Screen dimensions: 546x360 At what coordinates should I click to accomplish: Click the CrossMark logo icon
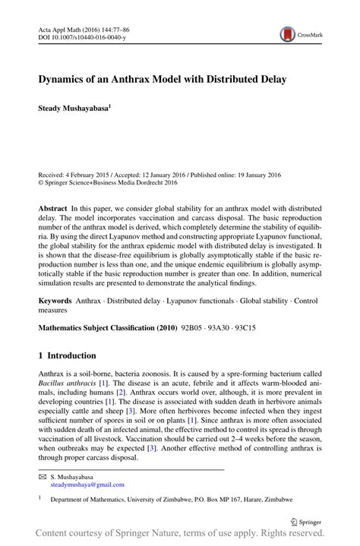[288, 34]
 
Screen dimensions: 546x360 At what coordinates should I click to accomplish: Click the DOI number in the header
[85, 36]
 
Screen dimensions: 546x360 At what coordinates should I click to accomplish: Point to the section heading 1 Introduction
[68, 355]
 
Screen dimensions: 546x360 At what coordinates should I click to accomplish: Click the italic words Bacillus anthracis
[68, 385]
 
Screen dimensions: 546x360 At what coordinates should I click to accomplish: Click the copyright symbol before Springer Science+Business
[42, 182]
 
